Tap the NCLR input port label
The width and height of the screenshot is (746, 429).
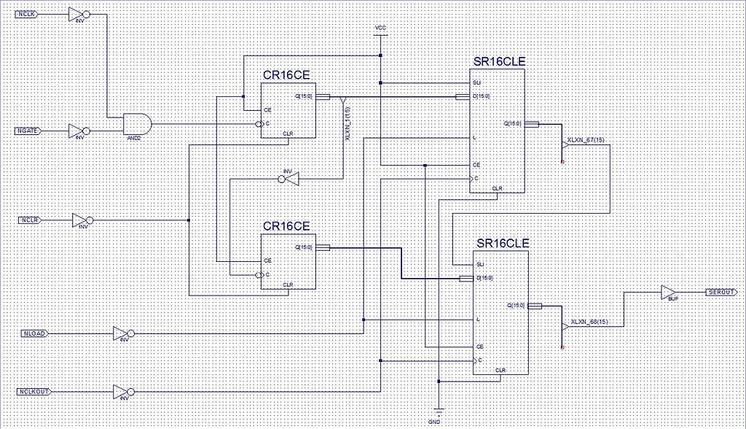[29, 220]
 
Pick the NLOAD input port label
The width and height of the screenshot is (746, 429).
[34, 333]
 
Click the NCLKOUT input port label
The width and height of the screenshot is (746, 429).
[34, 392]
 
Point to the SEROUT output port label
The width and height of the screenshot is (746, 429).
[721, 292]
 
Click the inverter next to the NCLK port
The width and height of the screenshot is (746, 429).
[76, 14]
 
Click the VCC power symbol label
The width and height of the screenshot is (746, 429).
[380, 28]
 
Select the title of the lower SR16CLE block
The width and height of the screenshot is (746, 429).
[503, 242]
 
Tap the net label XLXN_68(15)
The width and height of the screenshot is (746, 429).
[589, 322]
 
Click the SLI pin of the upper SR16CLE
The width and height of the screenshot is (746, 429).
[476, 82]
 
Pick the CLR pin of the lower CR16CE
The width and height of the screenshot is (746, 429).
[288, 285]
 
